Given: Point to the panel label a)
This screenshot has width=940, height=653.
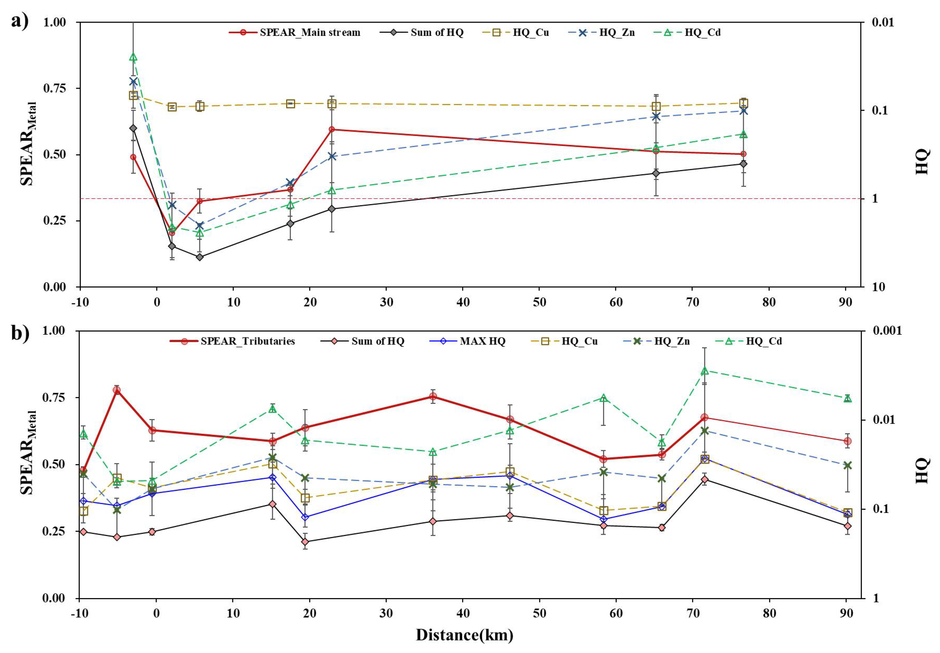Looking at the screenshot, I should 20,20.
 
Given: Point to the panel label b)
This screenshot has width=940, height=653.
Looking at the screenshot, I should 20,333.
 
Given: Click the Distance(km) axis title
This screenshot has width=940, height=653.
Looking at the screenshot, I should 465,635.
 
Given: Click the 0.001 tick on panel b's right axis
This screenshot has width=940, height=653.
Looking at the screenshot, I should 886,331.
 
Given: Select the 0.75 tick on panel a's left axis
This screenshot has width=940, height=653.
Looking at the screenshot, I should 54,88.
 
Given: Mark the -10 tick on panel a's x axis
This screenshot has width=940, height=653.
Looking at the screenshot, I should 80,302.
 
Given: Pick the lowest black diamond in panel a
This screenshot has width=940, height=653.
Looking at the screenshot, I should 199,257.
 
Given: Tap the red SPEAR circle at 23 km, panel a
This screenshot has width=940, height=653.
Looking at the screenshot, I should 332,129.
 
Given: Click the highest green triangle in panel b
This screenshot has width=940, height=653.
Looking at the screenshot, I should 704,371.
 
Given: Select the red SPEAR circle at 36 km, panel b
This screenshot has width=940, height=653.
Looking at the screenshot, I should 433,396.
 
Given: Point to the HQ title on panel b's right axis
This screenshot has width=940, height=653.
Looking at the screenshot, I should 922,470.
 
